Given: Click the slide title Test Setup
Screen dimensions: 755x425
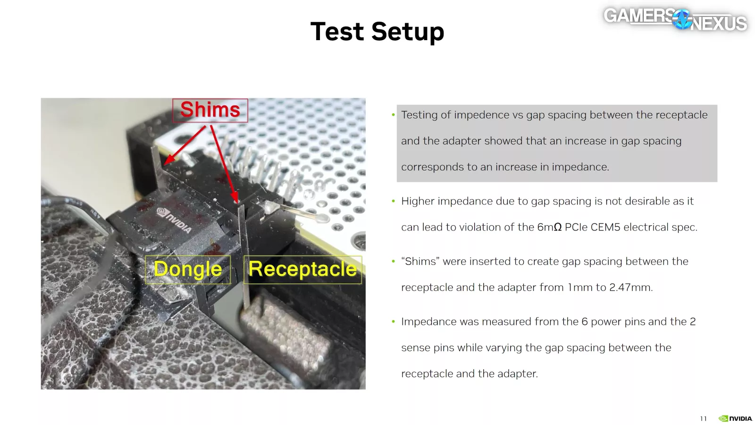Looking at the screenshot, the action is pos(377,31).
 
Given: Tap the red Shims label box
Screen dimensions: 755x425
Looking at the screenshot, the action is pos(210,110).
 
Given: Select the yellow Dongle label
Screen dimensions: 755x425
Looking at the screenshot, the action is pos(188,269).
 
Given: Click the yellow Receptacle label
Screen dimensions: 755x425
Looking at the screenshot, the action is pos(302,269).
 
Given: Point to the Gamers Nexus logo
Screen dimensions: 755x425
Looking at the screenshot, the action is pos(675,19).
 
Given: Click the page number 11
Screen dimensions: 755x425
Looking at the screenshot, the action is pos(704,418).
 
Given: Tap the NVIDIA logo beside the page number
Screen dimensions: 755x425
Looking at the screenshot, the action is pos(735,418).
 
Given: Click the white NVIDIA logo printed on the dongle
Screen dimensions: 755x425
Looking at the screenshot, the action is pos(174,220).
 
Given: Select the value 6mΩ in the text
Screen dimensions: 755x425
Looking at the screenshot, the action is pos(549,227).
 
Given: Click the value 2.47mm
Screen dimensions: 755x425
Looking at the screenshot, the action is pos(631,288).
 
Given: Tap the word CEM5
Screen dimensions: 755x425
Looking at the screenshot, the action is pos(605,227).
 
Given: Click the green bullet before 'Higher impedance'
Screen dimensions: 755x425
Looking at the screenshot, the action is pos(393,201).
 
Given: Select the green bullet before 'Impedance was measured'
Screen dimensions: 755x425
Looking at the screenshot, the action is pos(393,322).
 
